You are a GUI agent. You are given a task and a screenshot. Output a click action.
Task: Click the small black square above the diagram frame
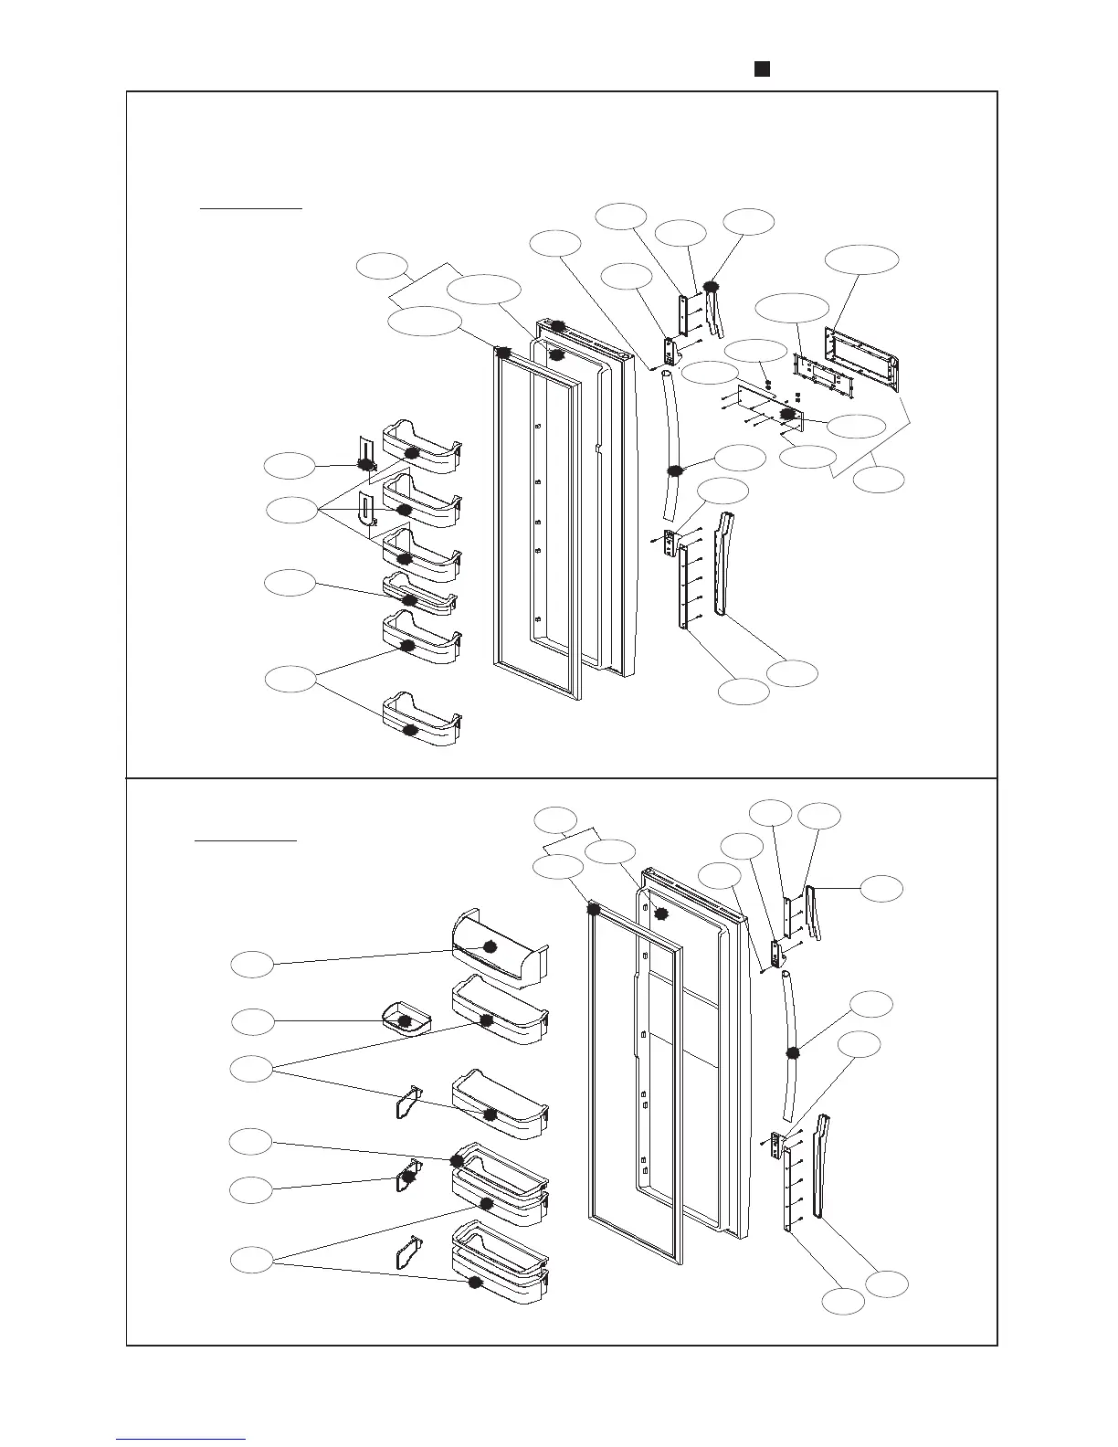coord(759,69)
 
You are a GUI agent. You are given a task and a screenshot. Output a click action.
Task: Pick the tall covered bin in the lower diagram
coord(498,950)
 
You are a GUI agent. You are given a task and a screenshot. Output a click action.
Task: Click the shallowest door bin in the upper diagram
coord(419,594)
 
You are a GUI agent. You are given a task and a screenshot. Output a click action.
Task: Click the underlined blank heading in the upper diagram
coord(251,206)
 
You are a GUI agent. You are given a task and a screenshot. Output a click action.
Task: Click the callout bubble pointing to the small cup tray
coord(252,1021)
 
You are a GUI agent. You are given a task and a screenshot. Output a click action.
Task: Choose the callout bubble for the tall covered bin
coord(252,964)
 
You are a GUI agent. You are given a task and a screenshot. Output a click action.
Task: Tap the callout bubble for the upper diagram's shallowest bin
coord(290,582)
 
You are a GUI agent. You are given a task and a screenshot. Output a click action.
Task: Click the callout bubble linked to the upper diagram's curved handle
coord(740,458)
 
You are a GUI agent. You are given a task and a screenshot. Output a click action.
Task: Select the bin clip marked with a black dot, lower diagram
coord(408,1178)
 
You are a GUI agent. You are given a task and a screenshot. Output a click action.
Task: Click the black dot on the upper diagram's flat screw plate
coord(786,414)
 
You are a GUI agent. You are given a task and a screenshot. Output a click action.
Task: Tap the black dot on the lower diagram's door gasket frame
coord(594,909)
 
